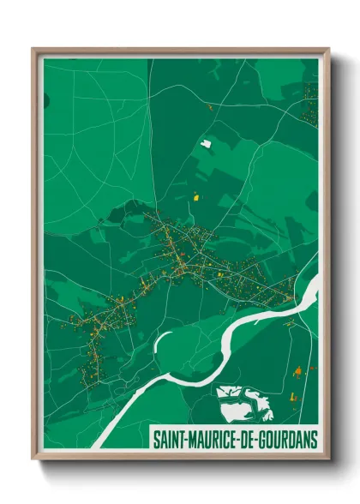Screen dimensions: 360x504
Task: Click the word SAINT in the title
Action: coord(170,438)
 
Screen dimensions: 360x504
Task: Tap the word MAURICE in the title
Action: coord(214,438)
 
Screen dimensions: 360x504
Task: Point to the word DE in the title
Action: coord(249,438)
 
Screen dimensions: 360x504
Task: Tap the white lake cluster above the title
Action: coord(243,403)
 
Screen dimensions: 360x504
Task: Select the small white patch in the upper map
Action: coord(206,142)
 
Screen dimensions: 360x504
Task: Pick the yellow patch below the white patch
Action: coord(196,196)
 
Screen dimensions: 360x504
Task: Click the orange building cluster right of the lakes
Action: coord(297,372)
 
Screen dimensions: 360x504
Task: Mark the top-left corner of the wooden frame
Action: coord(33,49)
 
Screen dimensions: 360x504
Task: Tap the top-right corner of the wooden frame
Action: coord(328,49)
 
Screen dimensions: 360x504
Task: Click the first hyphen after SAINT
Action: coord(189,439)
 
